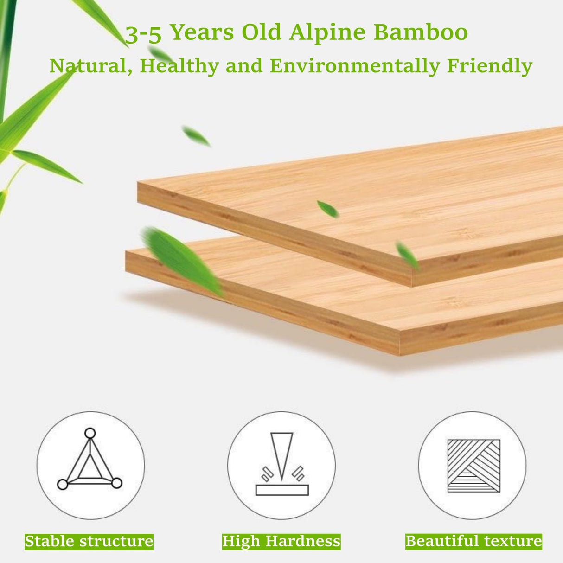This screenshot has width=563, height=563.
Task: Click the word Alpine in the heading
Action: [327, 32]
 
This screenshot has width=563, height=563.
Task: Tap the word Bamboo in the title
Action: [421, 32]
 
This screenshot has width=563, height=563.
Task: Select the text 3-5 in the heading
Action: [143, 34]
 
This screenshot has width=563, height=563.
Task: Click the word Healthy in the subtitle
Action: [179, 66]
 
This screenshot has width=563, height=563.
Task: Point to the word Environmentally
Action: [355, 66]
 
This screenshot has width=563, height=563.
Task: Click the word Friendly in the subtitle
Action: [490, 66]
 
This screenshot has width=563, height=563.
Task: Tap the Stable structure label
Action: [89, 541]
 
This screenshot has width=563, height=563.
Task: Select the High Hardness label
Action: [281, 541]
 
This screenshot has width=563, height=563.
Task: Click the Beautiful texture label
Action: [473, 541]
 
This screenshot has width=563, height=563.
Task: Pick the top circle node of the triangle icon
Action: [90, 433]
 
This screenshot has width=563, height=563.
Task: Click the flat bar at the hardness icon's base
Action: [281, 490]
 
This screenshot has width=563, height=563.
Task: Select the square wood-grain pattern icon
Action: [473, 466]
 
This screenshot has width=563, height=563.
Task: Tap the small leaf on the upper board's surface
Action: [328, 209]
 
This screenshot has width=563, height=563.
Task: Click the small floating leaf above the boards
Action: [196, 136]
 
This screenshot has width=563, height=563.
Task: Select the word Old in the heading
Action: [262, 32]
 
